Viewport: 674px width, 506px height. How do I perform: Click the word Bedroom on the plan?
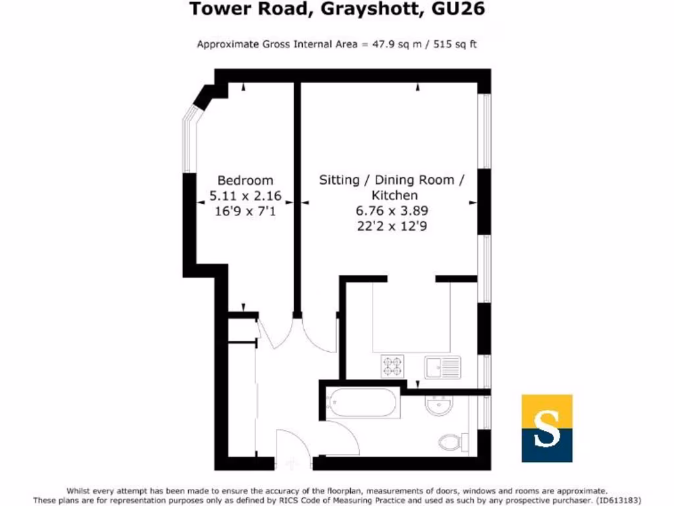pyautogui.click(x=245, y=180)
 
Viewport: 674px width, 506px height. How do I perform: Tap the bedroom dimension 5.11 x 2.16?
pyautogui.click(x=245, y=196)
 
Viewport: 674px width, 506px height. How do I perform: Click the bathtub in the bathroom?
pyautogui.click(x=363, y=403)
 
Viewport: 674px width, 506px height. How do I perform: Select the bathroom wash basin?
pyautogui.click(x=437, y=405)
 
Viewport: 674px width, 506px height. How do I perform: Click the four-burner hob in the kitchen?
pyautogui.click(x=393, y=366)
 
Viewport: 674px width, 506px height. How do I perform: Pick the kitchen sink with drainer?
pyautogui.click(x=442, y=366)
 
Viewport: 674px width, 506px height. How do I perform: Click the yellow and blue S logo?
pyautogui.click(x=546, y=428)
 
